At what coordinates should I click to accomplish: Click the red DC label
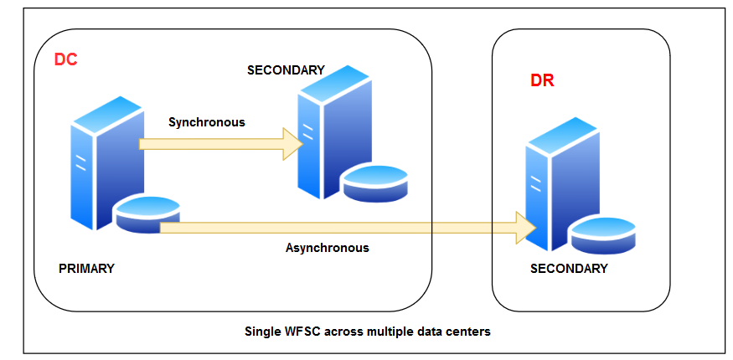[65, 61]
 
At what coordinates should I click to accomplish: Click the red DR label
[542, 81]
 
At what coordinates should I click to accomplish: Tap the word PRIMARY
[86, 269]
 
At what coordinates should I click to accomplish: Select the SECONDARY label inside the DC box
[286, 70]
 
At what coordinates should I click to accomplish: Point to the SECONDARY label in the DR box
[569, 269]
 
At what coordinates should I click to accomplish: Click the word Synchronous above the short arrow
[207, 122]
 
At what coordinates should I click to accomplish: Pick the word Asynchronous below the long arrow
[327, 248]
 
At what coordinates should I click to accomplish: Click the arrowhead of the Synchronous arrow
[292, 144]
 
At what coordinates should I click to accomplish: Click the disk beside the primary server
[147, 213]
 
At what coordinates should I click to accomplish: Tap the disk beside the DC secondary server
[374, 183]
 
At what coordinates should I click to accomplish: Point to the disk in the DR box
[603, 234]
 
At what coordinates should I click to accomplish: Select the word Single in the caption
[261, 331]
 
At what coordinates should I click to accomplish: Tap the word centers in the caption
[469, 331]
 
